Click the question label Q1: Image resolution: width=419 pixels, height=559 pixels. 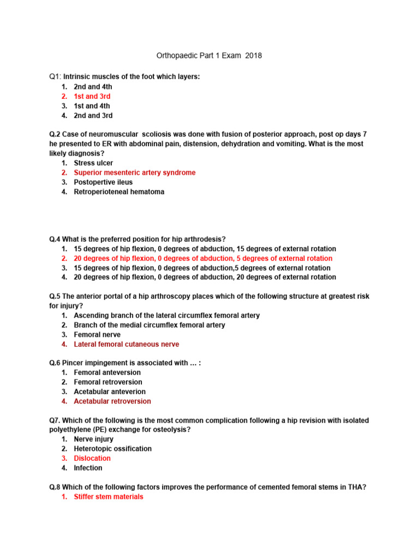55,77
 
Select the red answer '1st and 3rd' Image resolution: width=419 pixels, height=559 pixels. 92,97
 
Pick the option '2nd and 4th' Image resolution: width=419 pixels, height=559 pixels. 93,87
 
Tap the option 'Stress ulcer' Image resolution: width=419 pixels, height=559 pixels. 93,163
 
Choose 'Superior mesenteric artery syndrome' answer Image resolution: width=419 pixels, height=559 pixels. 134,173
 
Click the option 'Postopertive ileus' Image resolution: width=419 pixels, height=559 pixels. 103,182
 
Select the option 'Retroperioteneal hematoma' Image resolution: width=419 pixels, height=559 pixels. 119,192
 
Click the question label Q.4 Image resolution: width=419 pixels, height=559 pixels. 55,239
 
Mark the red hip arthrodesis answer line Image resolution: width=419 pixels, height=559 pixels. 203,258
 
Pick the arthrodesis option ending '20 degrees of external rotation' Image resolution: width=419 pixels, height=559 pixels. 205,277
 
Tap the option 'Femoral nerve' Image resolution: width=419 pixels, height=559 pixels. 97,335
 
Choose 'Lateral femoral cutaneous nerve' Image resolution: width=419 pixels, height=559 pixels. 126,344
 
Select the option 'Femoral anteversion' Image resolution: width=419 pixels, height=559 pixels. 107,373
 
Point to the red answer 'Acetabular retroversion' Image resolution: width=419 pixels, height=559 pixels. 112,401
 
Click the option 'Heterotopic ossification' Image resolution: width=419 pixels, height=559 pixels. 112,449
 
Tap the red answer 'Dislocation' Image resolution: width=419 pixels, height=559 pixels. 92,459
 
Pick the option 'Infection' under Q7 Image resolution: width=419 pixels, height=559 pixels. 88,468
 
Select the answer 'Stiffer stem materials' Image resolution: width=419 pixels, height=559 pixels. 109,497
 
